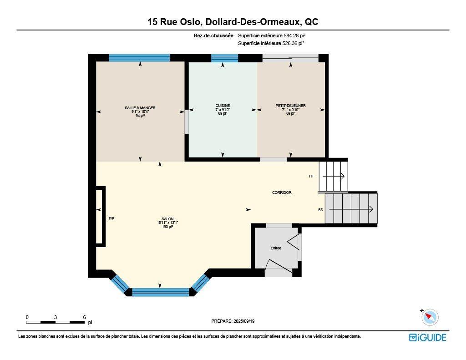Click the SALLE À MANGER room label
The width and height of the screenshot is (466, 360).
(140, 108)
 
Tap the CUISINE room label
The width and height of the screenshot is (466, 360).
(223, 106)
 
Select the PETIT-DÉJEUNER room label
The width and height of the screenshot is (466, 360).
(290, 106)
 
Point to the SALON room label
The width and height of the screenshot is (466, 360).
(167, 219)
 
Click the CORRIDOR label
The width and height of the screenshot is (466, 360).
(282, 193)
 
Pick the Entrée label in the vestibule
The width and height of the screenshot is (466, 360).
(276, 248)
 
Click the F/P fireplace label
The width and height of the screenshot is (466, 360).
(111, 218)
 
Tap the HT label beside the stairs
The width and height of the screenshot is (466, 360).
(311, 176)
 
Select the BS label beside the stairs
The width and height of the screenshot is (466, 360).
(320, 210)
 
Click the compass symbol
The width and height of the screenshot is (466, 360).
(430, 317)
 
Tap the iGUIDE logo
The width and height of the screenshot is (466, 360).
(427, 337)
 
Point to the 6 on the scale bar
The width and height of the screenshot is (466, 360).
(85, 317)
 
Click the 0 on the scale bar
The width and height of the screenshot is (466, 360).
(27, 317)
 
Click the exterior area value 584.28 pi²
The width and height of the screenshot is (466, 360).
(297, 35)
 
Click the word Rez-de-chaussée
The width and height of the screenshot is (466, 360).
(213, 35)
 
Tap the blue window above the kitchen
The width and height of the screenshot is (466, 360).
(225, 58)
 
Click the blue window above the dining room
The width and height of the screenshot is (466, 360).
(139, 58)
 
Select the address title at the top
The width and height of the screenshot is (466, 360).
(233, 22)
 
